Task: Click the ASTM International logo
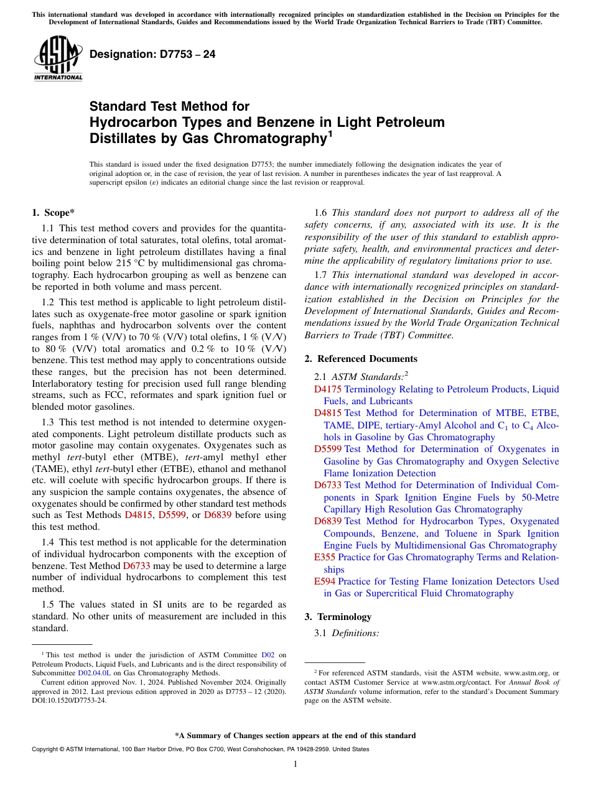coord(58,58)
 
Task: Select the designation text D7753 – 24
coord(152,54)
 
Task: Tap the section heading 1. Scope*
coord(54,213)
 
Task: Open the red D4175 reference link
coord(327,389)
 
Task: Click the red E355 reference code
coord(324,557)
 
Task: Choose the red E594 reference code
coord(324,581)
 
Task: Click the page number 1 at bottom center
coord(295,764)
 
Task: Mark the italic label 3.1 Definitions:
coord(347,633)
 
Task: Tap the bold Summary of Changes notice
coord(295,736)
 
